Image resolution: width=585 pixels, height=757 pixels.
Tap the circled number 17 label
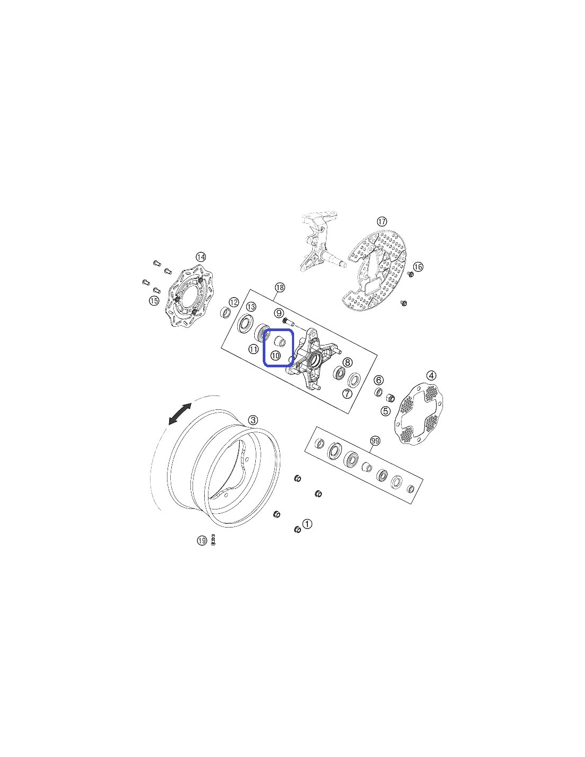coord(382,221)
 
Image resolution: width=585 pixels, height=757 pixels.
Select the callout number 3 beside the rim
coord(253,420)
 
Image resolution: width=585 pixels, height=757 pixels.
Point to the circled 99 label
coord(375,441)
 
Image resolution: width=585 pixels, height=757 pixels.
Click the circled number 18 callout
coord(280,287)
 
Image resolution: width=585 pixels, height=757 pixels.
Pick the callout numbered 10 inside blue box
coord(275,356)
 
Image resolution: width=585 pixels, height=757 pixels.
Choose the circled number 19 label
coord(202,541)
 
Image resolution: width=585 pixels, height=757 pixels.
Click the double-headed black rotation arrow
coord(180,414)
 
